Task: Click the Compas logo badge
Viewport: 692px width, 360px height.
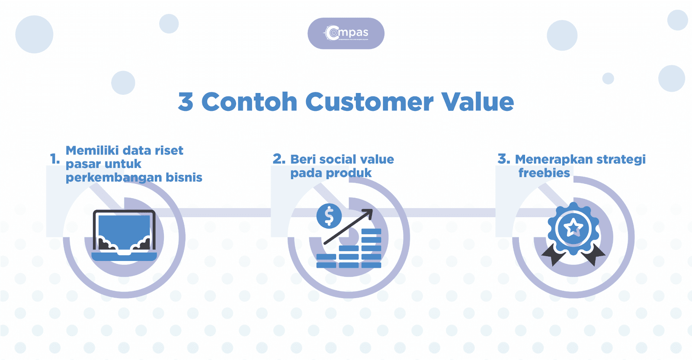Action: (346, 33)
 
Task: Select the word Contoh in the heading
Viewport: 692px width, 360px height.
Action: (249, 102)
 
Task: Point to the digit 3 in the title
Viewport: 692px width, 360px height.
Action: (186, 102)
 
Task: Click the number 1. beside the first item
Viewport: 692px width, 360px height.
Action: (55, 159)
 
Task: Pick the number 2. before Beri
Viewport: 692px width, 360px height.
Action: (279, 159)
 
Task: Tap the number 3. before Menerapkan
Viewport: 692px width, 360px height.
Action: (503, 159)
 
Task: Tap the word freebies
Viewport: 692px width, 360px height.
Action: (544, 173)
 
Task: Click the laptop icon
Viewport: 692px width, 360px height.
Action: (124, 235)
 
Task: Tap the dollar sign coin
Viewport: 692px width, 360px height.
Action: (329, 215)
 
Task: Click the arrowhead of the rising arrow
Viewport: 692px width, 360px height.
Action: (368, 213)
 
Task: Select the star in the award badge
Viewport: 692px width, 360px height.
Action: (573, 227)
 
